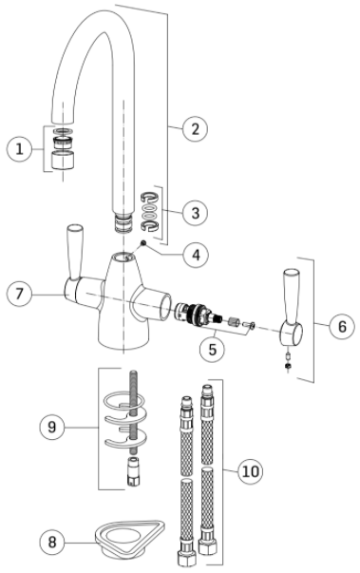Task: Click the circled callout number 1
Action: [x=19, y=149]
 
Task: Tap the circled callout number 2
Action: [x=195, y=128]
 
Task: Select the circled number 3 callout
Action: [x=195, y=212]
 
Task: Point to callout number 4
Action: [x=196, y=255]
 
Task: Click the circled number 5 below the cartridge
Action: [x=212, y=350]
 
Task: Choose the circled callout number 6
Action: [x=342, y=326]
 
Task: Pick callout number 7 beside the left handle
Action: [x=19, y=294]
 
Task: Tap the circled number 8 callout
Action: [x=52, y=542]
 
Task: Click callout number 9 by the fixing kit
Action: [x=52, y=427]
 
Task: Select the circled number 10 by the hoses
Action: [x=251, y=471]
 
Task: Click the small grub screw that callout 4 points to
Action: [x=143, y=242]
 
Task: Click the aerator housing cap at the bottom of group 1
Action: [x=63, y=160]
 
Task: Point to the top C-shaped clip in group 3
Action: [x=150, y=198]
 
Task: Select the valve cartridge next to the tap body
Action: [x=198, y=314]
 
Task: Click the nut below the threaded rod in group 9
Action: [x=133, y=471]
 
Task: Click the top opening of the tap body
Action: [x=123, y=257]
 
